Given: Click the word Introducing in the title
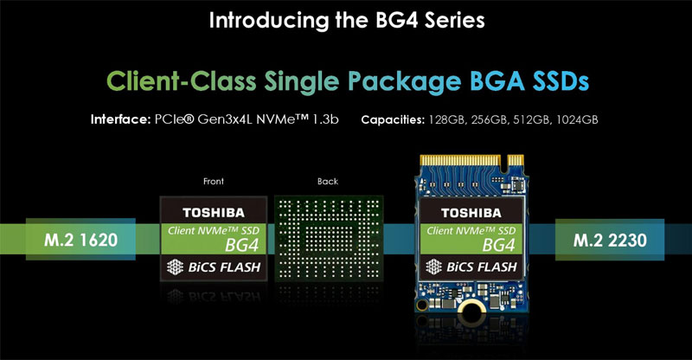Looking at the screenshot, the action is click(270, 21).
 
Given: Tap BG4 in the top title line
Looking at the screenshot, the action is click(397, 20).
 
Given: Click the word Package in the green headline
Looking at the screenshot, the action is click(404, 82).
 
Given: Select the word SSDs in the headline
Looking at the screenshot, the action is click(561, 81).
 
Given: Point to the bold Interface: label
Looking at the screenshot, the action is click(120, 119).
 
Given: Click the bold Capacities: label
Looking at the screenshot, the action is click(393, 119).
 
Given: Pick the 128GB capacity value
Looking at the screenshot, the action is click(447, 119).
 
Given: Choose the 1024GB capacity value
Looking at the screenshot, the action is click(577, 119).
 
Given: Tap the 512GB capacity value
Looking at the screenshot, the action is click(532, 119).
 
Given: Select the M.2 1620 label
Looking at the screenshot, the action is click(80, 240).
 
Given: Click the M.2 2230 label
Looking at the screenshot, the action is click(610, 240).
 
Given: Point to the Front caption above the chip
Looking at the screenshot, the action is click(213, 181).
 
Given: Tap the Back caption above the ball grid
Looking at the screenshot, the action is click(328, 181).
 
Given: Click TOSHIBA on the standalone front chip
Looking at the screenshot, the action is click(214, 213).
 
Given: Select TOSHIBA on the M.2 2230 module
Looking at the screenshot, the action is click(471, 214).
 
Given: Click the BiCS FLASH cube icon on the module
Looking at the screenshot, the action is click(433, 267).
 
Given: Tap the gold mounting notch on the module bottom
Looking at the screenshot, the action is click(471, 307).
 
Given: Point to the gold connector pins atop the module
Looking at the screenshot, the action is click(471, 160).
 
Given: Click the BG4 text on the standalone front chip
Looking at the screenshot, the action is click(241, 245).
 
